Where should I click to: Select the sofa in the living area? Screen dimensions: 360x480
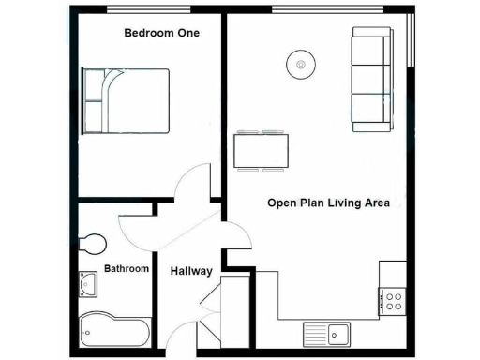(371, 78)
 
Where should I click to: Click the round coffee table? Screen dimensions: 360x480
(301, 65)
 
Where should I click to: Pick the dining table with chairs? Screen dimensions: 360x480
(262, 150)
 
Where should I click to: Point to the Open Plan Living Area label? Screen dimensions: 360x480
(335, 202)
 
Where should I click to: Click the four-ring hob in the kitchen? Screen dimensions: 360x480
(393, 302)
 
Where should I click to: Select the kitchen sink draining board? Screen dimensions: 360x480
(315, 332)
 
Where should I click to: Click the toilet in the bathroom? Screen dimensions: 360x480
(91, 244)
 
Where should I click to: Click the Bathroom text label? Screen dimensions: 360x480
(126, 269)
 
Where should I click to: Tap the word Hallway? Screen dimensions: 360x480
(191, 272)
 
